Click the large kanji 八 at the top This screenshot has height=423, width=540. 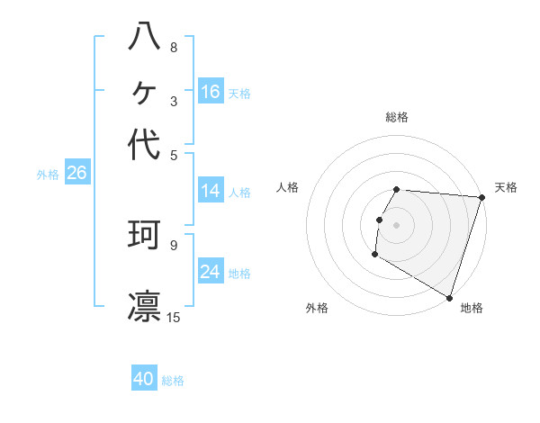pos(144,36)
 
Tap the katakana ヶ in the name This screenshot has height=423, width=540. pos(144,93)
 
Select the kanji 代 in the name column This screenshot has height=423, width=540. pos(144,144)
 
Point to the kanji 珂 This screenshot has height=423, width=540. pos(144,235)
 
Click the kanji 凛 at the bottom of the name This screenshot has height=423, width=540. pos(144,306)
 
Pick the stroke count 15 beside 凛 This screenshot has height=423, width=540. pos(173,317)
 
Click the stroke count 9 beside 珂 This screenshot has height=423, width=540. pos(174,246)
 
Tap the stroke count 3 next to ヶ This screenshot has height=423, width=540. pos(174,102)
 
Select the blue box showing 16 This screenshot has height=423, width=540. pos(211,91)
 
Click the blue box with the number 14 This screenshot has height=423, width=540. pos(211,190)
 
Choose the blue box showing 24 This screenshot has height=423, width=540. pos(211,270)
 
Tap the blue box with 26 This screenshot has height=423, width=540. pos(77,172)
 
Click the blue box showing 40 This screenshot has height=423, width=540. pos(144,377)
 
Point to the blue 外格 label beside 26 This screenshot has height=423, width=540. pos(48,175)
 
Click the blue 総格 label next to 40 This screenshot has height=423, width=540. pos(173,381)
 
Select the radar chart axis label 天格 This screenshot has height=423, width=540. pos(506,187)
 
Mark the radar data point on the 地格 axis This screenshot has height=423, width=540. pos(449,298)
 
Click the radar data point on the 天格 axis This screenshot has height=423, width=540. pos(482,197)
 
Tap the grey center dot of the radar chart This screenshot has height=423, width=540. pos(396,225)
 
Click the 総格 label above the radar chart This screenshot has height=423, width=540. pos(397,117)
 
